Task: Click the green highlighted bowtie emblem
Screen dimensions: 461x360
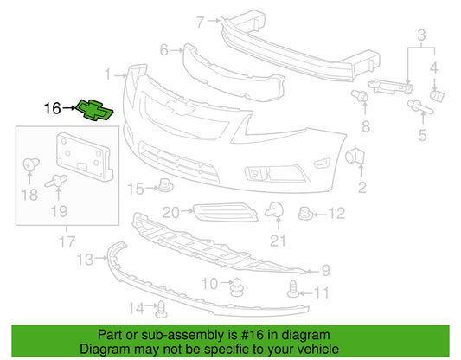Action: tap(94, 110)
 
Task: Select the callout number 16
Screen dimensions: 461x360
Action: tap(53, 108)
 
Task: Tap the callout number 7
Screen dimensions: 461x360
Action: tap(200, 22)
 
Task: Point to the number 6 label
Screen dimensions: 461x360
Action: tap(164, 50)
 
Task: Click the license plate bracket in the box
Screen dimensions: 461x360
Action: tap(85, 157)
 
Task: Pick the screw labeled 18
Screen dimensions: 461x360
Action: tap(30, 164)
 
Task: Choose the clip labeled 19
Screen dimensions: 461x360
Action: tap(56, 181)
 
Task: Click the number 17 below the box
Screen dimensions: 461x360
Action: tap(67, 241)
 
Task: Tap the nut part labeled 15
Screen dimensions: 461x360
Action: tap(166, 185)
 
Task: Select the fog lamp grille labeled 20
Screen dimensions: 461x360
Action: tap(225, 212)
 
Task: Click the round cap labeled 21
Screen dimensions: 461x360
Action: tap(274, 210)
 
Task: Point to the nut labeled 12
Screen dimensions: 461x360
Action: tap(305, 214)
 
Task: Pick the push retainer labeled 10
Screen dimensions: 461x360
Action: tap(237, 286)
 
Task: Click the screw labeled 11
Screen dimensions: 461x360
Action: tap(293, 289)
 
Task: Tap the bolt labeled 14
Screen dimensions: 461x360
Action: tap(162, 310)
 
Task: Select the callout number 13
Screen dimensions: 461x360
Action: tap(86, 260)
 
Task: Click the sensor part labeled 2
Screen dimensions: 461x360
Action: tap(355, 156)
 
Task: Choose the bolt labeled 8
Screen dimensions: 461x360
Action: tap(360, 95)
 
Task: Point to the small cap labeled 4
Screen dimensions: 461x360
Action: tap(437, 96)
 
